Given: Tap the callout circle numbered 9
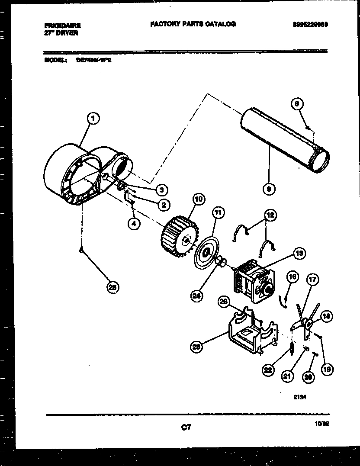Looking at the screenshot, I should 269,188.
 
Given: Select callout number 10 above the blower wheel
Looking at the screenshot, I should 198,200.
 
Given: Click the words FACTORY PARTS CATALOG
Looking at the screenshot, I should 193,24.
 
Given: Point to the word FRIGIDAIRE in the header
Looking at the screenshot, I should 62,26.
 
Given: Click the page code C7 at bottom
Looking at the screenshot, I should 186,427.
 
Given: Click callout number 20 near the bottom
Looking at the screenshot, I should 308,377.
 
